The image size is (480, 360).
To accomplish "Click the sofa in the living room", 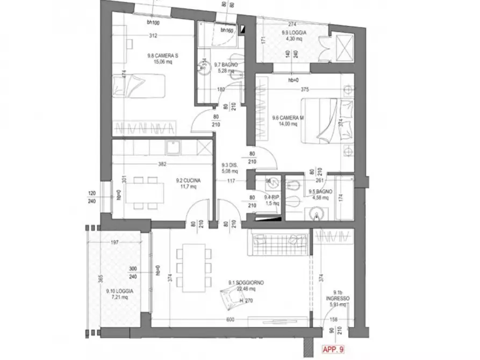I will point(278,243).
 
